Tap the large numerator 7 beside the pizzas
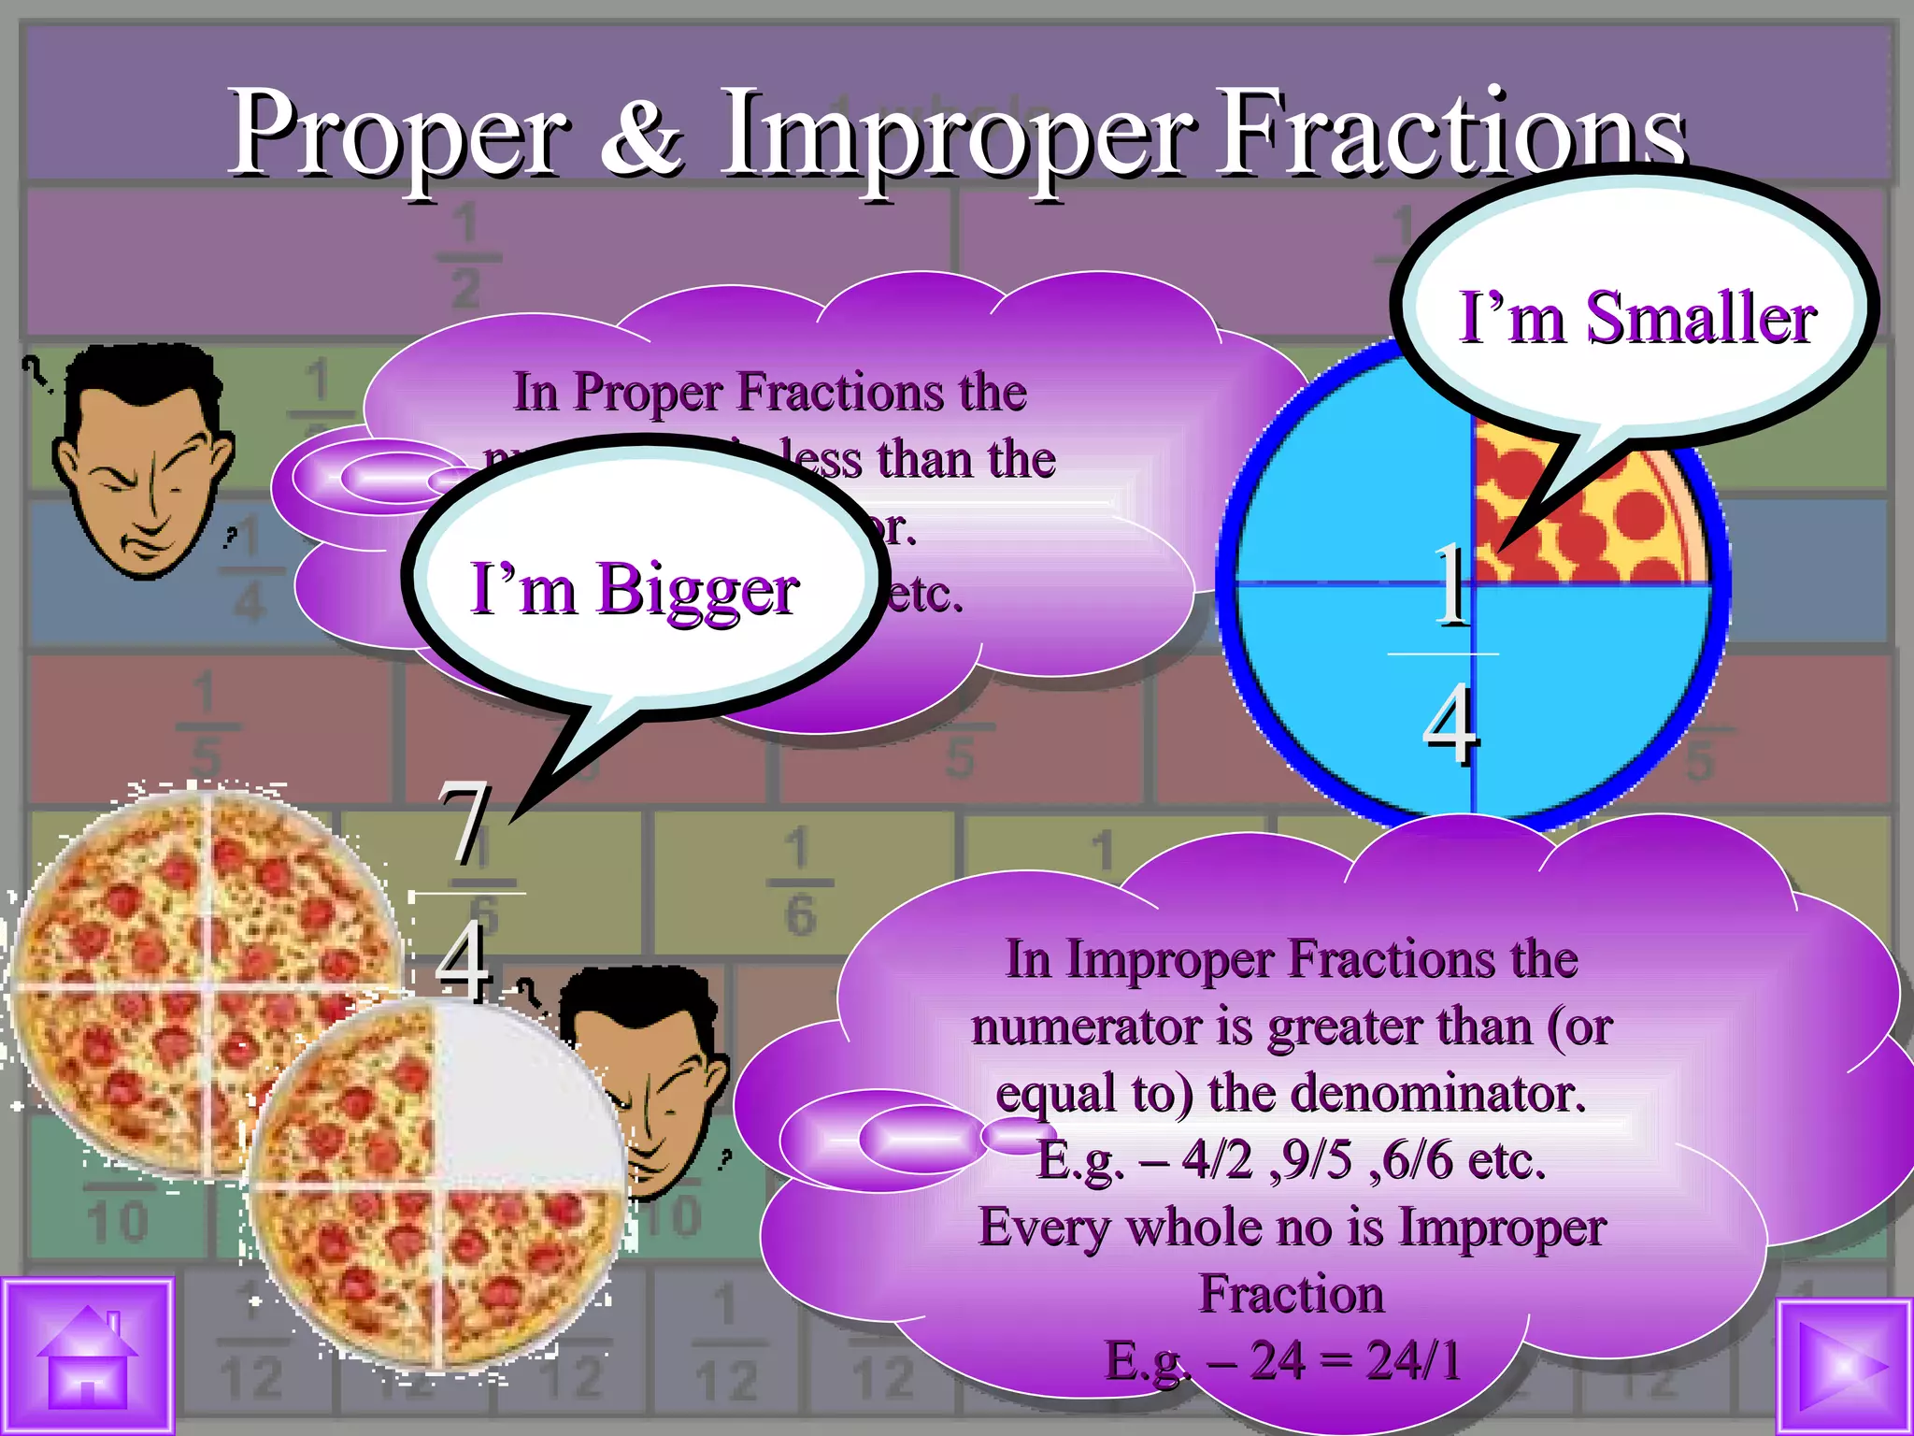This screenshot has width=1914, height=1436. (x=464, y=823)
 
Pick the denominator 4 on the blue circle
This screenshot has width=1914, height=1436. (x=1450, y=722)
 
